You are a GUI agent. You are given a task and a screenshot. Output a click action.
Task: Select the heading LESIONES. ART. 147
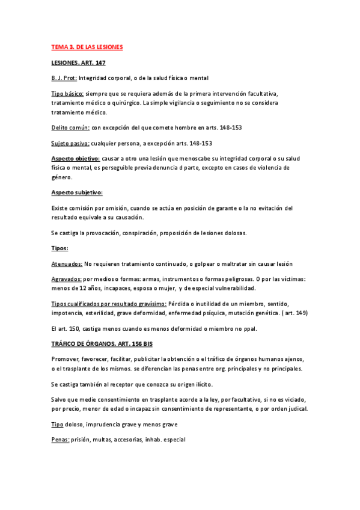79,63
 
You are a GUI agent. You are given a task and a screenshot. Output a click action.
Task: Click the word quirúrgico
123,103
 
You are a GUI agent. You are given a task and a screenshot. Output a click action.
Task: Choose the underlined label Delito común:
70,127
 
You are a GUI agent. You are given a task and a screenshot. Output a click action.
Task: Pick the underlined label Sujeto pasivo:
70,143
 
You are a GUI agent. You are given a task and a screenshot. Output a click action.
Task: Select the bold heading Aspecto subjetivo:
77,192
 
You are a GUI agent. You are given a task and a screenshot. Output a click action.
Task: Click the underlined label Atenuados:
67,264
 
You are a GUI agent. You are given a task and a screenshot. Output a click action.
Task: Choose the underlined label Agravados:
67,280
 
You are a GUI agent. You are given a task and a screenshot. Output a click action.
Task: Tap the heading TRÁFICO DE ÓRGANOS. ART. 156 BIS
102,344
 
